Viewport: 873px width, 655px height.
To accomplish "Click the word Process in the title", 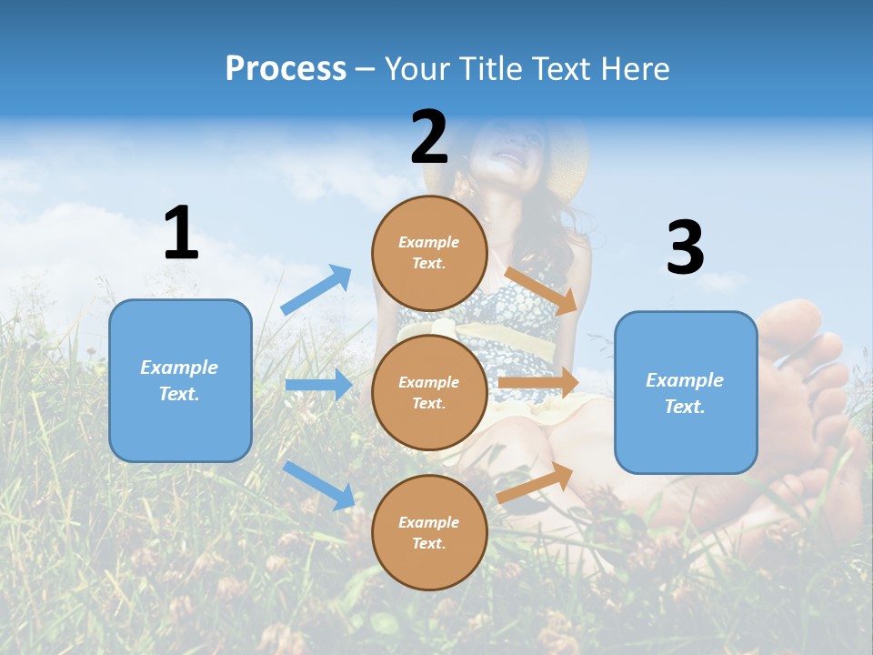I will click(286, 68).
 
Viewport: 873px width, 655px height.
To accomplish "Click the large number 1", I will click(181, 234).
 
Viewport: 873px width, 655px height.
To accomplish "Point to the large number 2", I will click(429, 137).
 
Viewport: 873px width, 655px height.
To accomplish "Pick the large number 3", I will click(685, 248).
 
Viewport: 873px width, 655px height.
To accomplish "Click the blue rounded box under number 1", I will click(180, 380).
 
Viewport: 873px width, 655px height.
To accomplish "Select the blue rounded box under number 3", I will click(686, 393).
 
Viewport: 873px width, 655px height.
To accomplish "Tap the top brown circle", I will click(429, 253).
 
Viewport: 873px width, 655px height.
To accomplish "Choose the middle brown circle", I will click(429, 392).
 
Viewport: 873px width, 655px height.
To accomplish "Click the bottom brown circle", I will click(429, 532).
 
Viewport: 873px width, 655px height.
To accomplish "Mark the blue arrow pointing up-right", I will click(316, 289).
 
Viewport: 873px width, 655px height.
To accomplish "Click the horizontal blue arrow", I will click(318, 385).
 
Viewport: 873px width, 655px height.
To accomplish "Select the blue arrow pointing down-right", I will click(319, 485).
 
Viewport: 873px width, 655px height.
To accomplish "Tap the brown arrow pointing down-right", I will click(541, 288).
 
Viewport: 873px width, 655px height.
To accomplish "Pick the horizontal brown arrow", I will click(538, 383).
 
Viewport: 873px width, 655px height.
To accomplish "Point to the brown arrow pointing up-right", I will click(536, 482).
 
